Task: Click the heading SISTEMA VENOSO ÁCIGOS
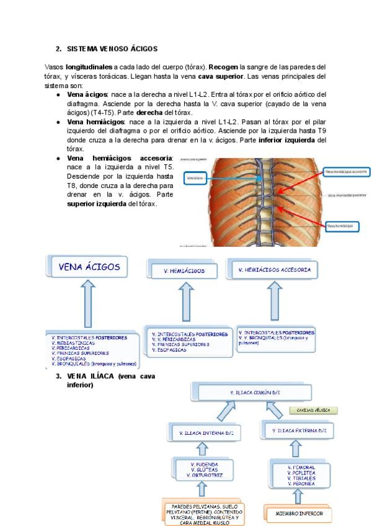[111, 48]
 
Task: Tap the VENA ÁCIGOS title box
[84, 267]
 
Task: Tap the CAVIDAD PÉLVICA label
[312, 410]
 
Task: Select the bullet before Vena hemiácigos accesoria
[58, 158]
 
